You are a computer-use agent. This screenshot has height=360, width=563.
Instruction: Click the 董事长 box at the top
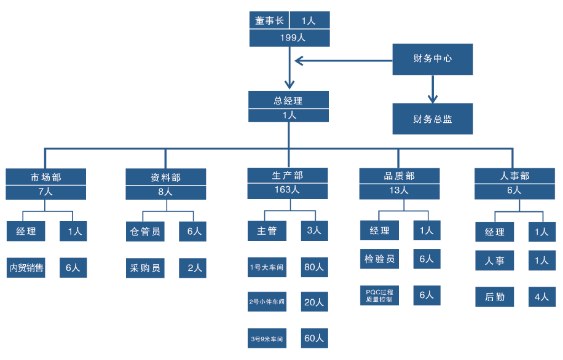269,20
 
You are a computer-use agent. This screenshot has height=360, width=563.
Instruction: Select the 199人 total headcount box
289,37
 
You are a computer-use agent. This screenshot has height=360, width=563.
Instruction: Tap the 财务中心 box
433,59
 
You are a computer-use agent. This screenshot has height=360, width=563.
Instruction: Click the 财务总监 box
433,119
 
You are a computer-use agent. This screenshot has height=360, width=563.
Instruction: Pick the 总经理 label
288,100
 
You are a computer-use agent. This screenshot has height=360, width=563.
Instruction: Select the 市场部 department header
46,177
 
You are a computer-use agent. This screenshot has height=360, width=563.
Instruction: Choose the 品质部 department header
400,176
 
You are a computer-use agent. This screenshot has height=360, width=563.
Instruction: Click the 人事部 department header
514,176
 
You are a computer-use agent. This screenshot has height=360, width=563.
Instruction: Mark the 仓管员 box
145,232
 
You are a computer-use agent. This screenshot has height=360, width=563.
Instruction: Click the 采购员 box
145,268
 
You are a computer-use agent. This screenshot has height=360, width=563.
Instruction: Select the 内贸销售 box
26,268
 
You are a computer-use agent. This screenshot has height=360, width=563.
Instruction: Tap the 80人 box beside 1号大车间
313,267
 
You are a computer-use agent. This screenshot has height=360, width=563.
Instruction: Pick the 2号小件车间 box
267,302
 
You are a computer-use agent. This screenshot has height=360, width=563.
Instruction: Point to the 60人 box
313,338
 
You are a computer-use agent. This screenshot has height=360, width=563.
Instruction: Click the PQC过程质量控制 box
379,295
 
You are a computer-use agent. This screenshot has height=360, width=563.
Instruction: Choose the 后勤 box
495,297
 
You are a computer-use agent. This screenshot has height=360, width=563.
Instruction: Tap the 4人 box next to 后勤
541,297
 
